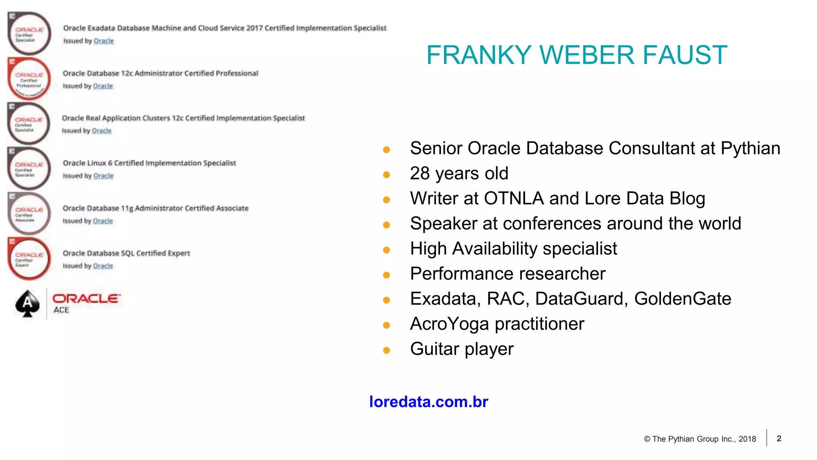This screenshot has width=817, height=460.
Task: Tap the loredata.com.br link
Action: [428, 402]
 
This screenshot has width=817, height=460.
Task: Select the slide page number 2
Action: [779, 438]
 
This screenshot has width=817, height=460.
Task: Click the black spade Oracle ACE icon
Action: [28, 304]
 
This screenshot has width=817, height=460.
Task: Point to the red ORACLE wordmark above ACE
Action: [86, 298]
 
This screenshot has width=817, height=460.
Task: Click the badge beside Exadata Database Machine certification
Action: [29, 34]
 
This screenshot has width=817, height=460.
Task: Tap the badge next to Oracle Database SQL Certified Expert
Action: [29, 259]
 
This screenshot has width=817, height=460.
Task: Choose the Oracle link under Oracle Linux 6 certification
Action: [103, 176]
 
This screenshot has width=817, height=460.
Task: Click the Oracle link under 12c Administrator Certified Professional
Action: [103, 86]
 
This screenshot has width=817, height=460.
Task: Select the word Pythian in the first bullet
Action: [750, 149]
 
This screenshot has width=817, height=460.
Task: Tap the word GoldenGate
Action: [683, 299]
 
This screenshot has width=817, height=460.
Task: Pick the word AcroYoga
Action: [449, 324]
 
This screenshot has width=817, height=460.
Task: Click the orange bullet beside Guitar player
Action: [386, 350]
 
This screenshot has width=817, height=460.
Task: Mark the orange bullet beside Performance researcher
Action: [386, 275]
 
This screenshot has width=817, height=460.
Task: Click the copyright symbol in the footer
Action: [647, 439]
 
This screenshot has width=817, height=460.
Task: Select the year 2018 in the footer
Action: [747, 439]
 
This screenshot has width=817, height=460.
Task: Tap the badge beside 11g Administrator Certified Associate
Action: [29, 214]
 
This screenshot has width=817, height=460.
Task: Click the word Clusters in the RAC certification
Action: [156, 118]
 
